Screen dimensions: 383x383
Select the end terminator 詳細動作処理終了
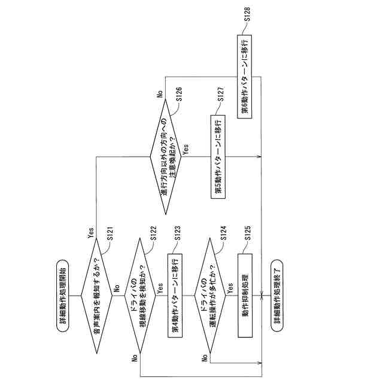click(278, 294)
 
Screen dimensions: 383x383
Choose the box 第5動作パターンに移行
click(218, 156)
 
